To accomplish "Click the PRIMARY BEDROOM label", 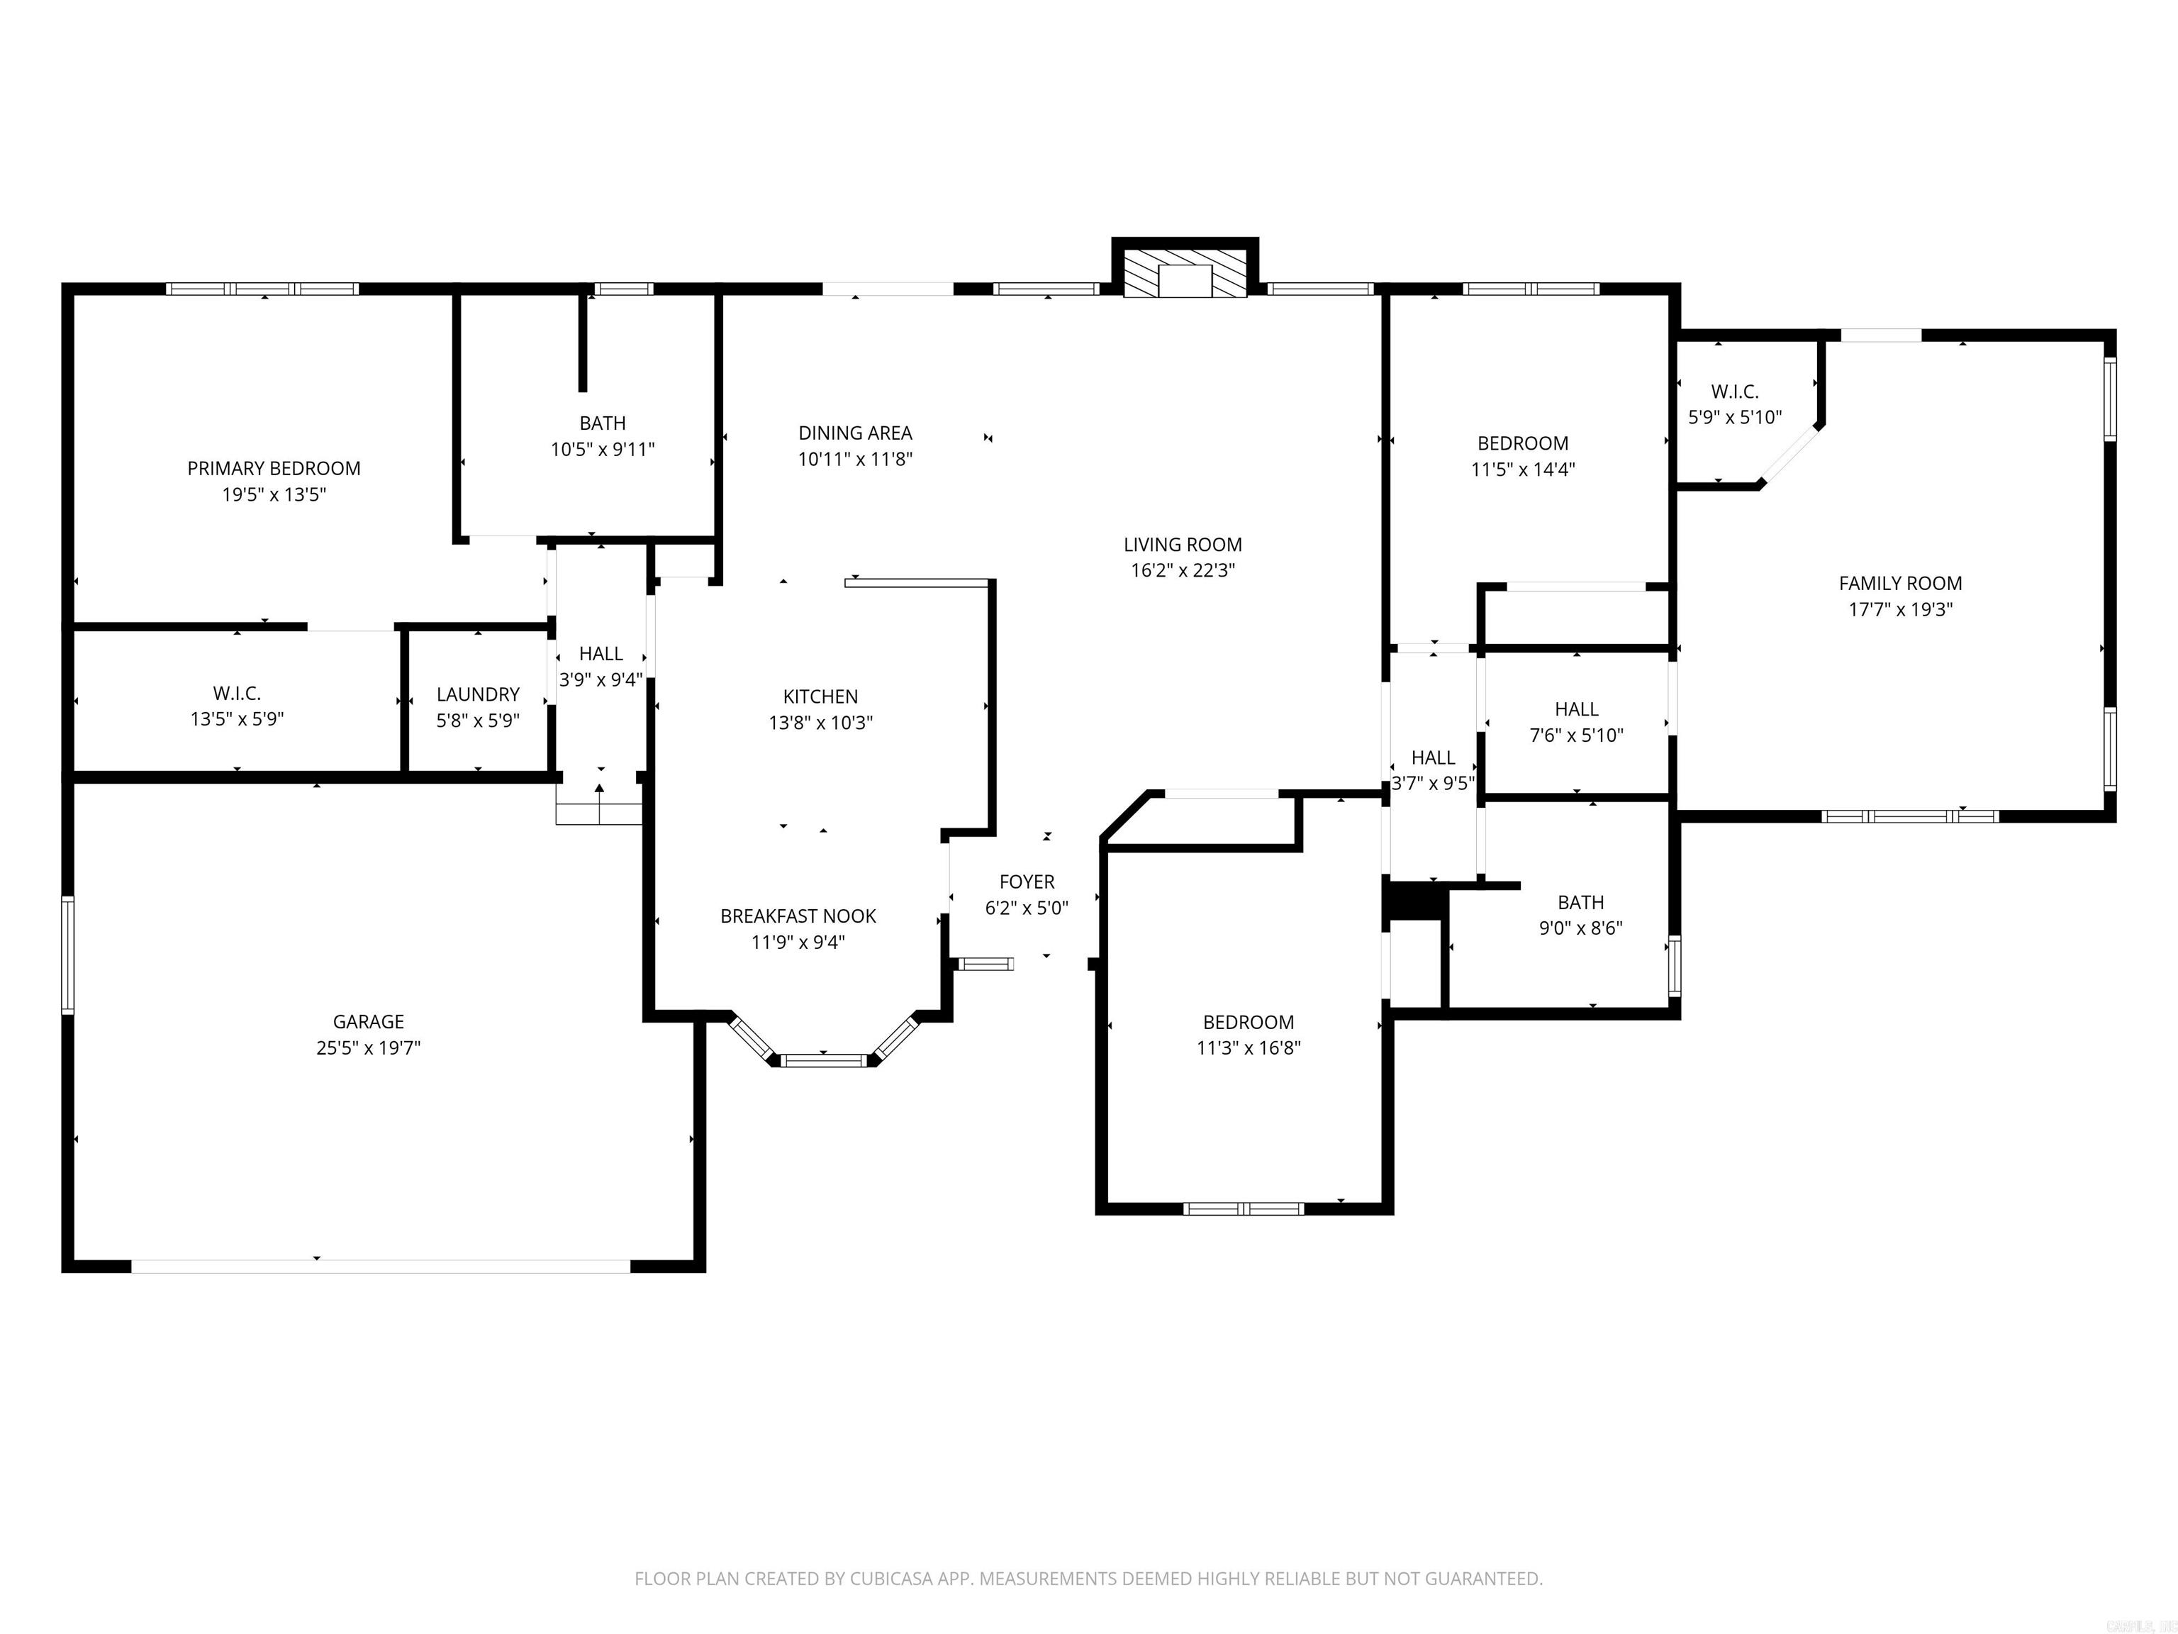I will pyautogui.click(x=274, y=469).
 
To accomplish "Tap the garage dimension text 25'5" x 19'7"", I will pyautogui.click(x=368, y=1048).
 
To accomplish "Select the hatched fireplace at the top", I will pyautogui.click(x=1185, y=281).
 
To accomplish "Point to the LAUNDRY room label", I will pyautogui.click(x=478, y=694).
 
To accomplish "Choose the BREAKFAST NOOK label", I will pyautogui.click(x=798, y=916).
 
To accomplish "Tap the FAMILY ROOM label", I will pyautogui.click(x=1899, y=583).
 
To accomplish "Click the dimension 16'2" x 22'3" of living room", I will pyautogui.click(x=1182, y=570).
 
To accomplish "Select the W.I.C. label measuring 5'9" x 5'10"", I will pyautogui.click(x=1734, y=392).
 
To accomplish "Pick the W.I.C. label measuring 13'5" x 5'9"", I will pyautogui.click(x=236, y=694).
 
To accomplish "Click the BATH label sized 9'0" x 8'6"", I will pyautogui.click(x=1580, y=902).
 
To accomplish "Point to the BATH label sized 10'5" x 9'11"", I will pyautogui.click(x=602, y=423).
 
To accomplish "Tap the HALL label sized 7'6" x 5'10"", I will pyautogui.click(x=1575, y=709).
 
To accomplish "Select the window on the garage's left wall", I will pyautogui.click(x=68, y=955).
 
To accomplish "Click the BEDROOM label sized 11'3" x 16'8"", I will pyautogui.click(x=1248, y=1023).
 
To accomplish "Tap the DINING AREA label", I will pyautogui.click(x=854, y=433).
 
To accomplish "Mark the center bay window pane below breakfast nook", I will pyautogui.click(x=823, y=1061).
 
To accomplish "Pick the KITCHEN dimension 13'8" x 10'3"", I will pyautogui.click(x=820, y=723).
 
